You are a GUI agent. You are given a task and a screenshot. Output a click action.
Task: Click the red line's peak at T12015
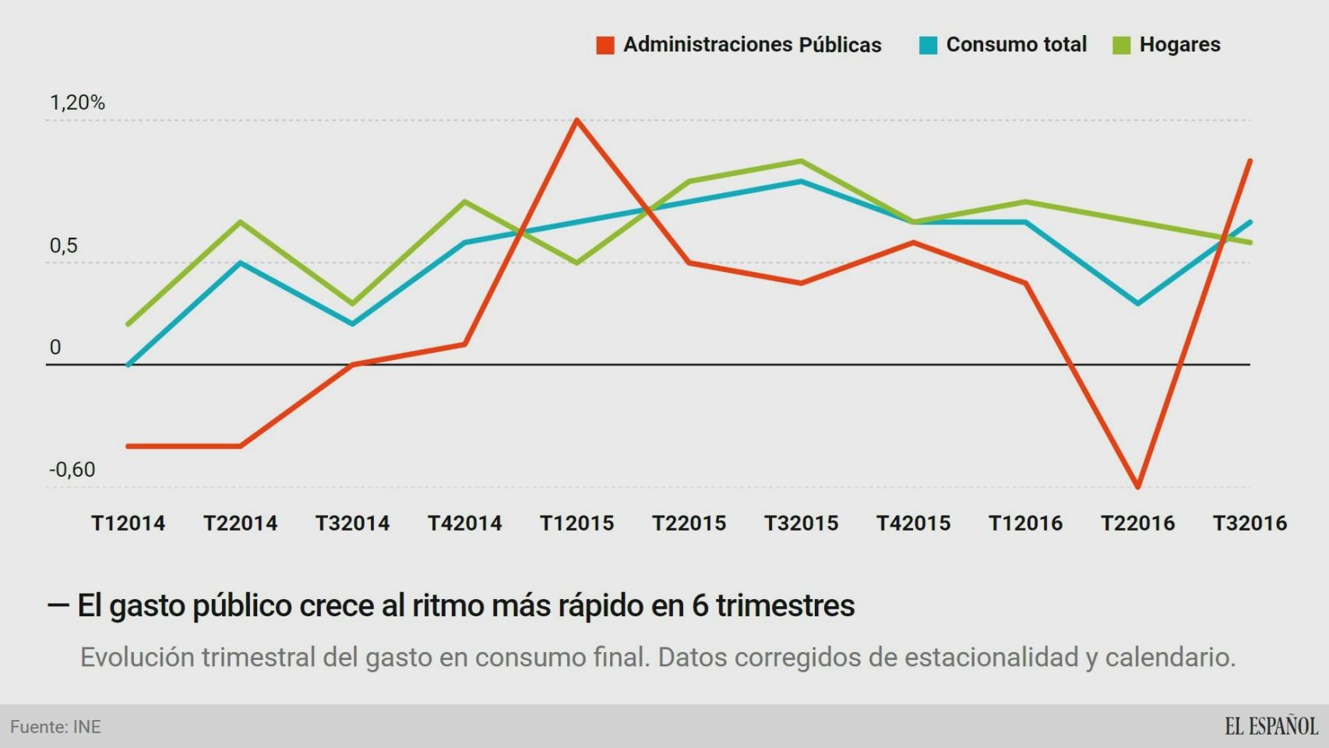pos(576,120)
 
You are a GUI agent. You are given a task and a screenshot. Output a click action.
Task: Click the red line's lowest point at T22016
pos(1138,486)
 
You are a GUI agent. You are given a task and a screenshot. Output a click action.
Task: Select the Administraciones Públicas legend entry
pos(739,45)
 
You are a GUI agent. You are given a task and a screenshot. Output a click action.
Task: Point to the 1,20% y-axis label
pos(77,103)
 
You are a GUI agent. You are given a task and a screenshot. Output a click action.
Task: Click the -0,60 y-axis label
pos(72,470)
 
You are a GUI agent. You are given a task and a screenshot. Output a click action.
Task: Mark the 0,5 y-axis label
pos(64,246)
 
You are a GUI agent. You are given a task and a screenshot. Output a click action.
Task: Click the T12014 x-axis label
pos(129,523)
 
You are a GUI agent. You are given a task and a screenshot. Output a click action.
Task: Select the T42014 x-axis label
pos(465,523)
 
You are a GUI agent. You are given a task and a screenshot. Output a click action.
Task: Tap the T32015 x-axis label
pos(801,523)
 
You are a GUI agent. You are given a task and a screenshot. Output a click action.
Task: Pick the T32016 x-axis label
pos(1250,523)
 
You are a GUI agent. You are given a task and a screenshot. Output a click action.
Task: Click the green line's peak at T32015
pos(801,161)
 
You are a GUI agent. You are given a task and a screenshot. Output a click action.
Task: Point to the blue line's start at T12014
pos(129,364)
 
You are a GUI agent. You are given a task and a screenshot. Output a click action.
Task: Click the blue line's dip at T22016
pos(1138,303)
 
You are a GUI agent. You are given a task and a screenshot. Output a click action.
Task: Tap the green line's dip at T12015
pos(576,263)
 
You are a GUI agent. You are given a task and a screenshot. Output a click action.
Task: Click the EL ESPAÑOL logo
pos(1271,726)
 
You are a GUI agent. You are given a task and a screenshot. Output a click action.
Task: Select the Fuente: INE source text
pos(55,727)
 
